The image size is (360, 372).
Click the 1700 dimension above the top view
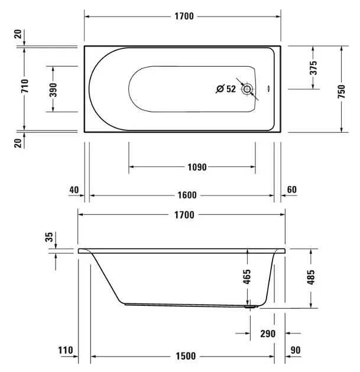click(184, 17)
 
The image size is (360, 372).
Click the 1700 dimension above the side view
click(184, 215)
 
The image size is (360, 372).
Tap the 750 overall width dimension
click(341, 92)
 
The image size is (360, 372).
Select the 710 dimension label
click(25, 86)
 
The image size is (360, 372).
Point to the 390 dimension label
click(53, 90)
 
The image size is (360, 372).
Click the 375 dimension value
click(313, 68)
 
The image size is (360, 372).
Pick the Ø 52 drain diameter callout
click(226, 89)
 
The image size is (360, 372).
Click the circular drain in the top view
click(247, 89)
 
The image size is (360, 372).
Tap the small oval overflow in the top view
click(268, 89)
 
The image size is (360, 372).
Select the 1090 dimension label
click(197, 167)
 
